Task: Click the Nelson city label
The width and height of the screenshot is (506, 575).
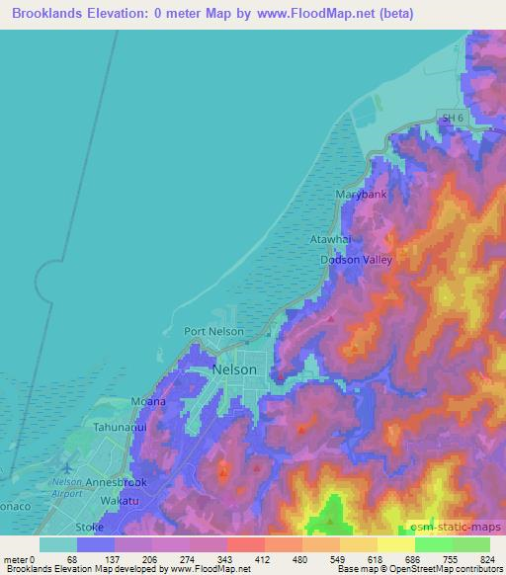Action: click(235, 370)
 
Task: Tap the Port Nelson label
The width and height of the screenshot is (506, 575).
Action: click(213, 332)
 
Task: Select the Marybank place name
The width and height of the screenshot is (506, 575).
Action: click(361, 195)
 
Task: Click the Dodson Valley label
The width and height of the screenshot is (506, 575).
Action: click(356, 260)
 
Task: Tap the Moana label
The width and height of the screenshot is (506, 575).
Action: click(148, 403)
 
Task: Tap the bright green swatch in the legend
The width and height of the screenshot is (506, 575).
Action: click(433, 544)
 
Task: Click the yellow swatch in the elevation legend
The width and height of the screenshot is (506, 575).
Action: click(395, 544)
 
